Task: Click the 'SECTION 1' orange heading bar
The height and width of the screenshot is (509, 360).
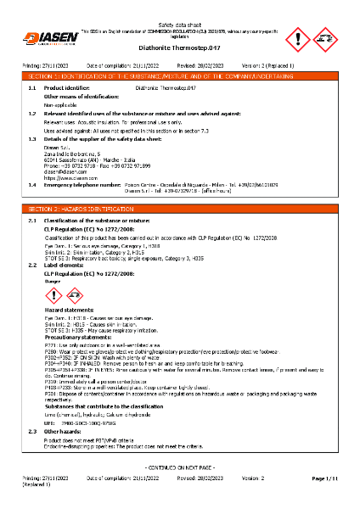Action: coord(180,76)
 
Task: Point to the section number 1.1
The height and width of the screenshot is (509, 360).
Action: coord(32,87)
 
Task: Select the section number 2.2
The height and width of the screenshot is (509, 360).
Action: coord(32,265)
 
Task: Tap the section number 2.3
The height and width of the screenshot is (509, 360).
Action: coord(32,432)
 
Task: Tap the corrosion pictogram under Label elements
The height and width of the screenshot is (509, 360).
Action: coord(74,295)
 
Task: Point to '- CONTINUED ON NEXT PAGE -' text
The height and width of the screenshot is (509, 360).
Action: coord(180,468)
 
